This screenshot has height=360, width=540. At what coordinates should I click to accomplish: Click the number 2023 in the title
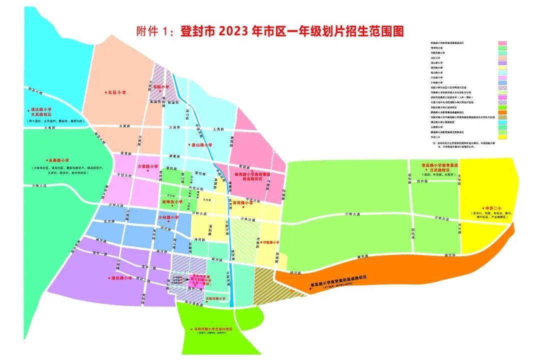point(235,32)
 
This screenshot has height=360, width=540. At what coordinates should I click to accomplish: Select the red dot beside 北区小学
point(106,92)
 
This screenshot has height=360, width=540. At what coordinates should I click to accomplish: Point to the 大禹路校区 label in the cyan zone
point(41,114)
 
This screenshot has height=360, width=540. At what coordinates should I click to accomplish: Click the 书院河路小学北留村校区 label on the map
point(214,329)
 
